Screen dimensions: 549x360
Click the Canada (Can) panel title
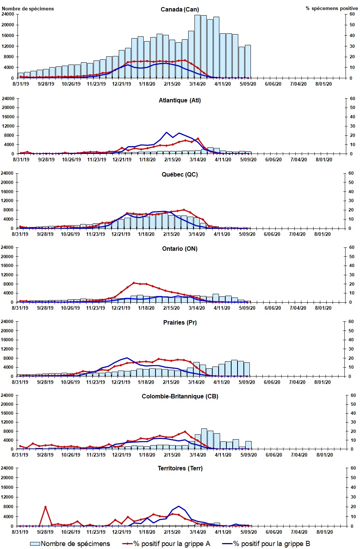pyautogui.click(x=180, y=9)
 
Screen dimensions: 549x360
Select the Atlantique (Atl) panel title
pyautogui.click(x=180, y=100)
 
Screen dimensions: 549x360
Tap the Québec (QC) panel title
pyautogui.click(x=180, y=174)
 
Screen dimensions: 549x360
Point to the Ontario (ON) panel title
pyautogui.click(x=180, y=249)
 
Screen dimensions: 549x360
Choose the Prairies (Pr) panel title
pyautogui.click(x=180, y=322)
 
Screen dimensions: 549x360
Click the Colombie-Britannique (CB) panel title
pyautogui.click(x=180, y=396)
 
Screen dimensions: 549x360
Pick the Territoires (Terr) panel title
pyautogui.click(x=180, y=468)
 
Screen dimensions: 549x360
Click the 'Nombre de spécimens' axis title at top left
pyautogui.click(x=28, y=9)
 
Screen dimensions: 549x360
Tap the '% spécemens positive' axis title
pyautogui.click(x=331, y=8)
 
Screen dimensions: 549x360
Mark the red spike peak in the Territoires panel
pyautogui.click(x=45, y=507)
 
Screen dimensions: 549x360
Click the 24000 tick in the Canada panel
pyautogui.click(x=8, y=14)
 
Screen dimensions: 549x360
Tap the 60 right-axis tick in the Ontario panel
pyautogui.click(x=351, y=247)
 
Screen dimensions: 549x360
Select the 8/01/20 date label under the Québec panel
pyautogui.click(x=323, y=234)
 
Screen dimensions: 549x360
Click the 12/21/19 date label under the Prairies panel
pyautogui.click(x=121, y=382)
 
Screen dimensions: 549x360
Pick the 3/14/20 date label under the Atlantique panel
pyautogui.click(x=198, y=160)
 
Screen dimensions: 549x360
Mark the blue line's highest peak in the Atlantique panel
pyautogui.click(x=167, y=132)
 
